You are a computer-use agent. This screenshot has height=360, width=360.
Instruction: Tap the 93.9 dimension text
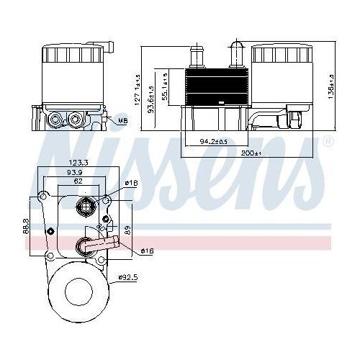(76, 174)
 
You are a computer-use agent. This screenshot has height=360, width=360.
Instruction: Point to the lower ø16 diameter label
(146, 251)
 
